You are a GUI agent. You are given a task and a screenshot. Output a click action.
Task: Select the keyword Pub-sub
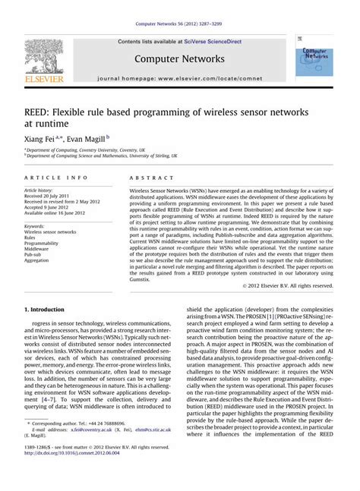(34, 253)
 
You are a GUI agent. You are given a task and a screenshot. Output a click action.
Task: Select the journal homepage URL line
(181, 78)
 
